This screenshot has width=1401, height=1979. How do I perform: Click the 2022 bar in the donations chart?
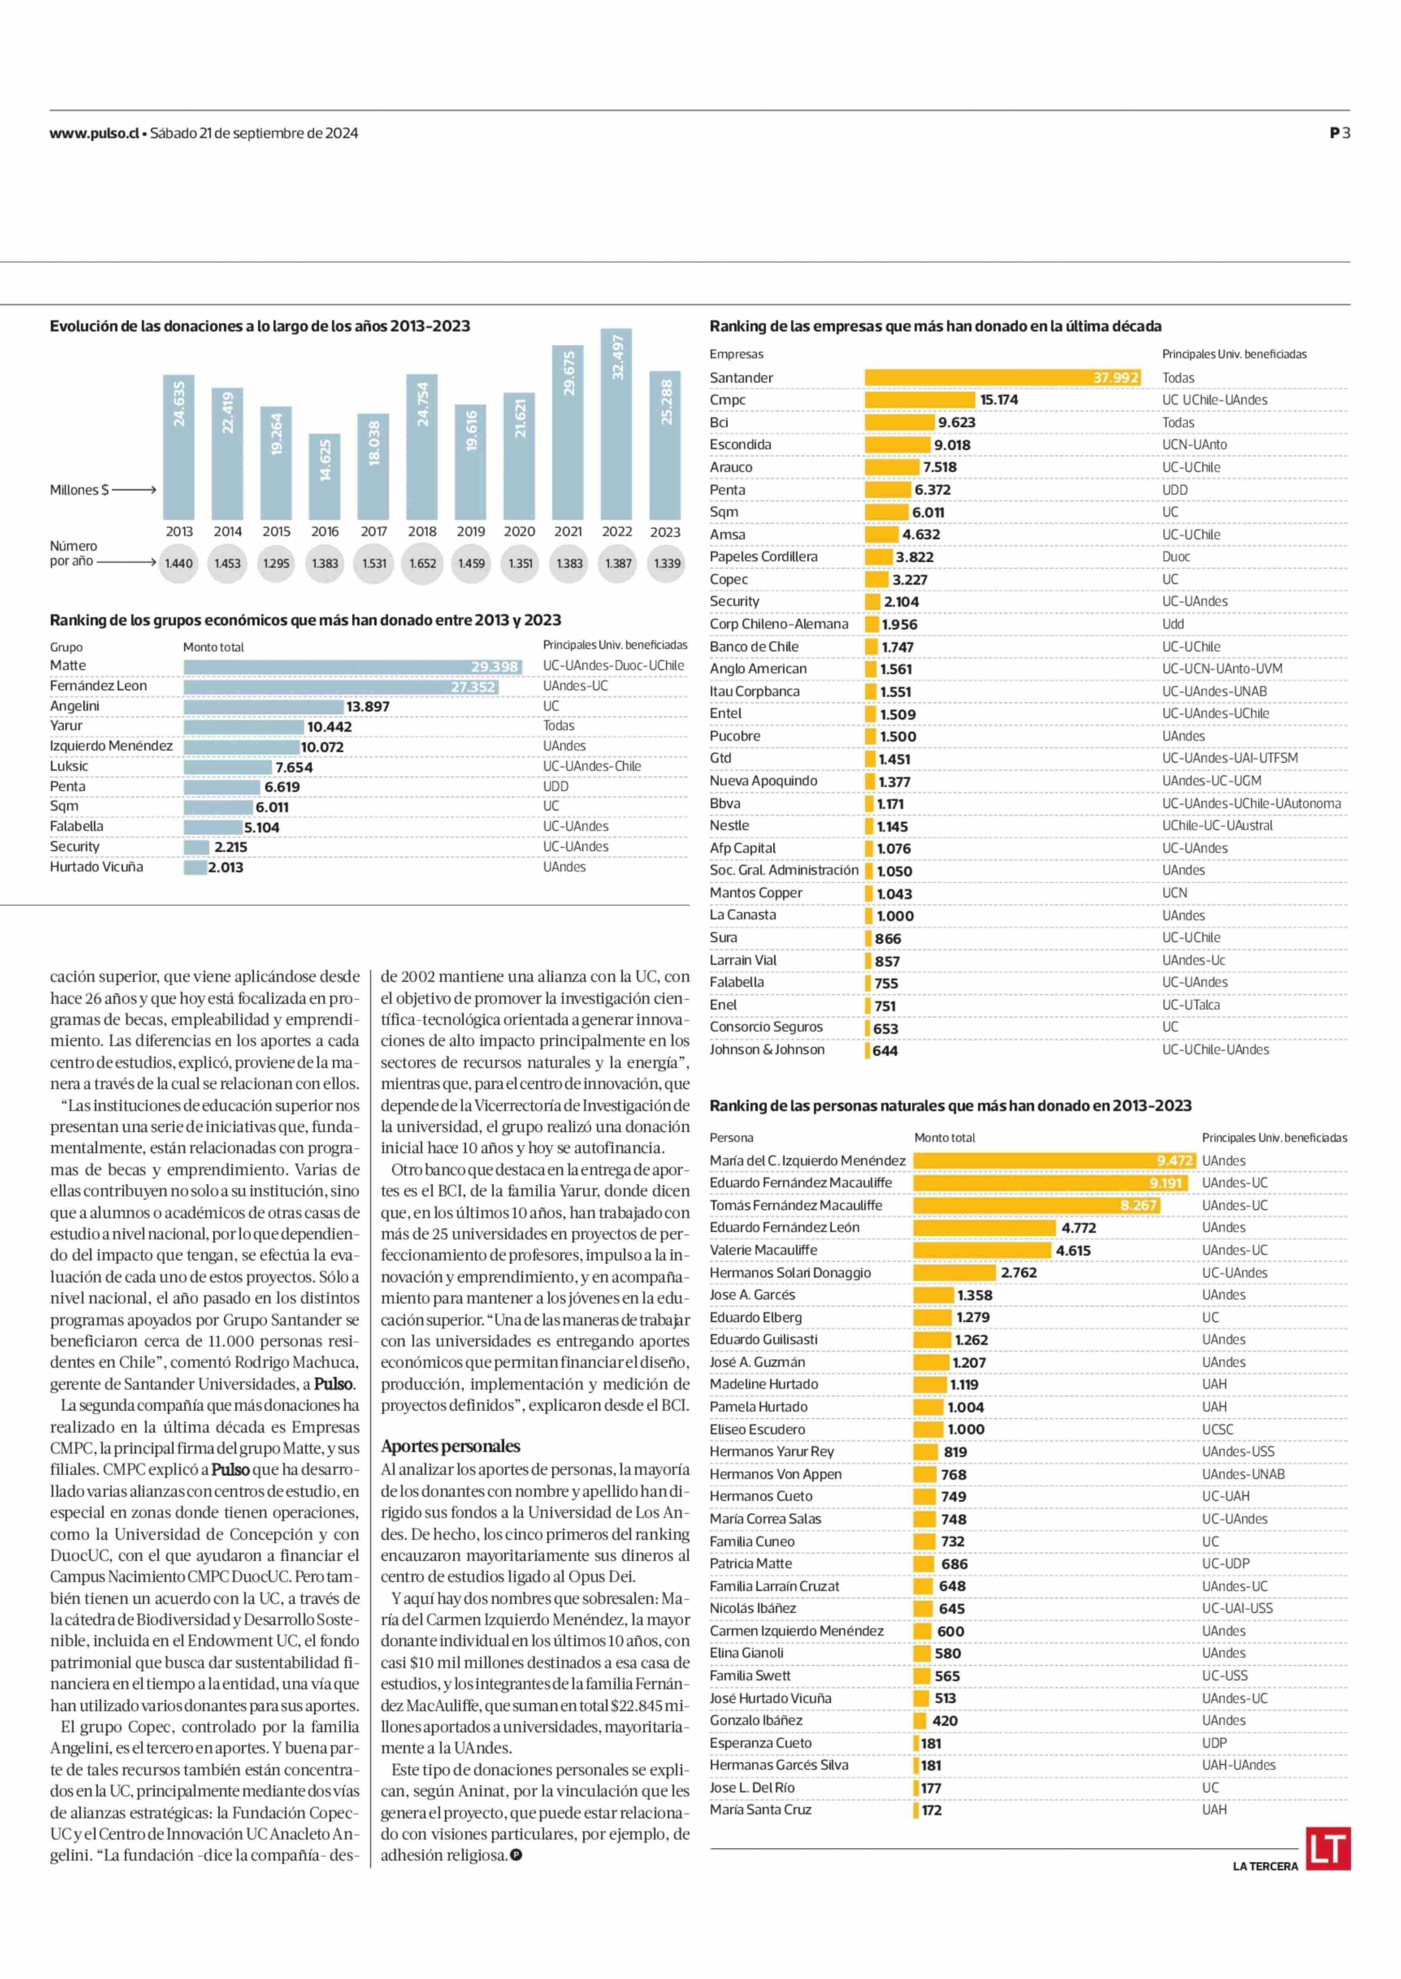pyautogui.click(x=616, y=424)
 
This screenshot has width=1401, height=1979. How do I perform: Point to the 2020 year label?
pyautogui.click(x=519, y=532)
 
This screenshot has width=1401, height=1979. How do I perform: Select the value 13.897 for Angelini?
pyautogui.click(x=367, y=706)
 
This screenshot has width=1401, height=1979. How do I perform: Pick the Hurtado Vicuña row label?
pyautogui.click(x=97, y=867)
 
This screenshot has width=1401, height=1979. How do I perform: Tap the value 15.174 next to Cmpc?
pyautogui.click(x=999, y=400)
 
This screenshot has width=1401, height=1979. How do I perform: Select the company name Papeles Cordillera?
pyautogui.click(x=764, y=556)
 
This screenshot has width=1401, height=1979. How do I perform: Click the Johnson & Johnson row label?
pyautogui.click(x=767, y=1049)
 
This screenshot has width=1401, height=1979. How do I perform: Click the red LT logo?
pyautogui.click(x=1328, y=1849)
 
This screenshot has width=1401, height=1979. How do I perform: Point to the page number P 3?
pyautogui.click(x=1340, y=133)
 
